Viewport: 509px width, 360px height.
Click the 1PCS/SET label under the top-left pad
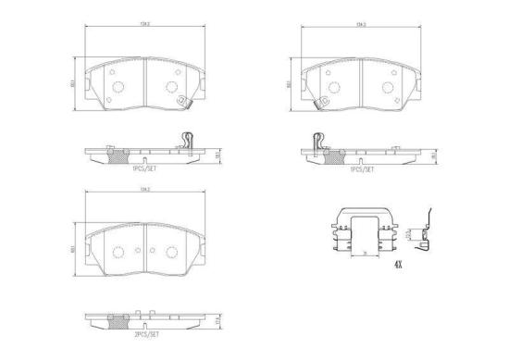pos(143,169)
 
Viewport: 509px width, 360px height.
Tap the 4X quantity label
pos(398,267)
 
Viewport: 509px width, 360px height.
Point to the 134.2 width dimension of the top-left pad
pos(144,27)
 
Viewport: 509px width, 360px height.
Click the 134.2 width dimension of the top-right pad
pos(357,27)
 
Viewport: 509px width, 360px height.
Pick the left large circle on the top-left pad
pos(118,87)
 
